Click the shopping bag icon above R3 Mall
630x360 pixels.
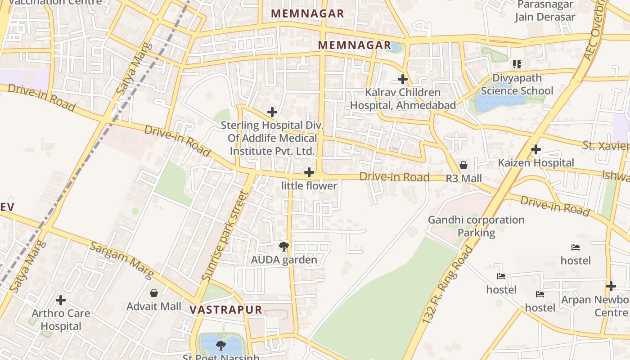pos(463,165)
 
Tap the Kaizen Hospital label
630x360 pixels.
pos(535,163)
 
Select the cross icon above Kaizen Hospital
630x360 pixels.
pos(535,149)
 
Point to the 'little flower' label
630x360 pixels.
pos(309,186)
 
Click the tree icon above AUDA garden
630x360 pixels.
pos(283,246)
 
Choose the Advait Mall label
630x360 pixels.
pos(154,306)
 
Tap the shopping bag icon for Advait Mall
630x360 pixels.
pos(154,293)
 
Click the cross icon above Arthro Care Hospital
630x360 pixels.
pos(61,300)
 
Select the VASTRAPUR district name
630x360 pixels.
pos(226,310)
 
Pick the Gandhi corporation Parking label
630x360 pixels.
pos(476,226)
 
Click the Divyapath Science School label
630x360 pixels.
pos(517,85)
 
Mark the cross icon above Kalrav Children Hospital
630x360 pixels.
pos(402,79)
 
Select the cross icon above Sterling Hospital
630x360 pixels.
pos(272,112)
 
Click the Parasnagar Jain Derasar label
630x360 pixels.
pos(545,11)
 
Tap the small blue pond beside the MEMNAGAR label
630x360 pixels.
pos(395,47)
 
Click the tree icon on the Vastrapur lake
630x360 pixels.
pos(220,345)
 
